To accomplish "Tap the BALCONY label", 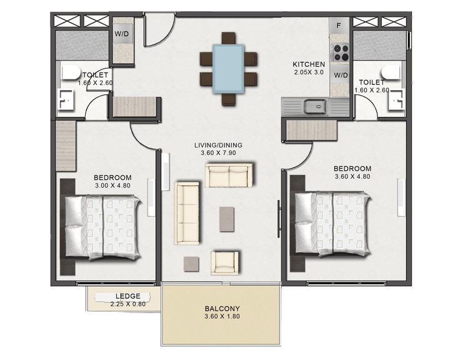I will click(x=222, y=309).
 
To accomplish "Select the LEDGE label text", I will click(x=127, y=296).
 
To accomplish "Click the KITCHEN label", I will click(x=309, y=64).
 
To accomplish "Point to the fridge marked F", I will click(x=339, y=26).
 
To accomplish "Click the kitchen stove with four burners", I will click(x=340, y=52).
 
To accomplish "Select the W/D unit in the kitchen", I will click(x=340, y=75).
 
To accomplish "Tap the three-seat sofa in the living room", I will click(x=187, y=212).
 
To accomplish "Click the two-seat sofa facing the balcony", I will click(x=229, y=175).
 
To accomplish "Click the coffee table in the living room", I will click(x=227, y=219).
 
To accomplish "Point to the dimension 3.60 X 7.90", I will click(x=218, y=154).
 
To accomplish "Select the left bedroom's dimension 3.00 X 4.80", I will click(x=112, y=185).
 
